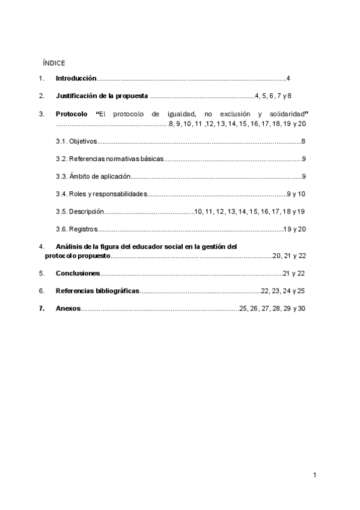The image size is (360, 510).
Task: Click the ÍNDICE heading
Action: (x=54, y=63)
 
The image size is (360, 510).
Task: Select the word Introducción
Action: (x=76, y=79)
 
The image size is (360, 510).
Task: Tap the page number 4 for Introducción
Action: (x=288, y=79)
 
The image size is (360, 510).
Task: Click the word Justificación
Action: (x=76, y=96)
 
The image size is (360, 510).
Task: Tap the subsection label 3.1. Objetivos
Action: (x=76, y=141)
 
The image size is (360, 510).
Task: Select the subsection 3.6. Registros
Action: (x=76, y=229)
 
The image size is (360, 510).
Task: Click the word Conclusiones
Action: (x=78, y=273)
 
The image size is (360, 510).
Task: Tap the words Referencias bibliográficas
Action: (x=97, y=290)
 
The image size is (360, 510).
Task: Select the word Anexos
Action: (x=68, y=309)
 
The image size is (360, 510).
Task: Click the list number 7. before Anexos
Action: (x=41, y=309)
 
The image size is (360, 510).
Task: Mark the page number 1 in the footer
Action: (x=314, y=475)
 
